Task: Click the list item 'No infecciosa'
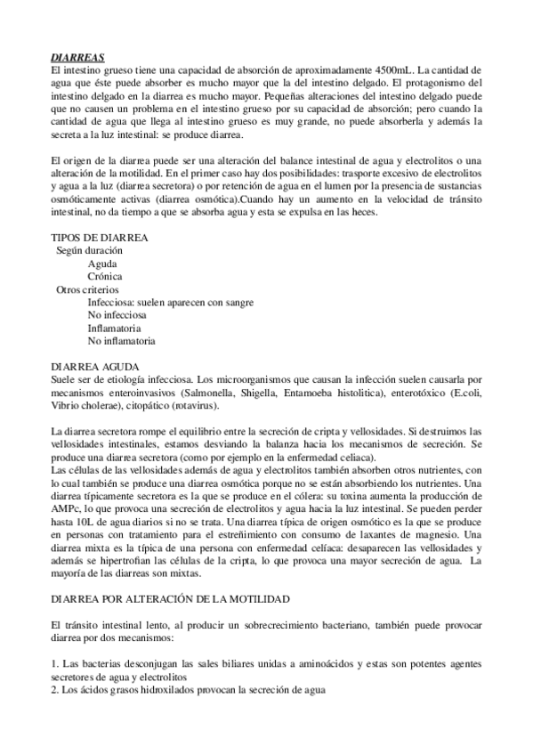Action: (x=117, y=314)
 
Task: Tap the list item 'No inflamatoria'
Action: (x=122, y=340)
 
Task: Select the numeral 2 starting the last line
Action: (x=52, y=690)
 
